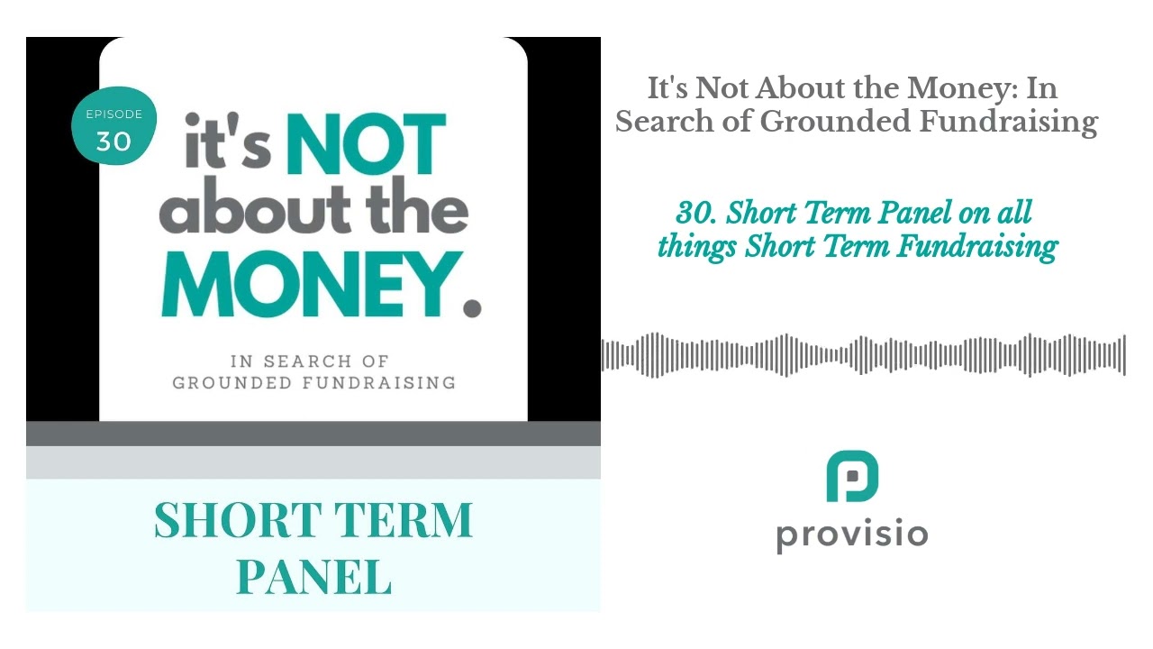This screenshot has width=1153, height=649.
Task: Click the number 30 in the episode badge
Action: click(x=113, y=142)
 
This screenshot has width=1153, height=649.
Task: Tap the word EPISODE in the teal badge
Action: click(x=114, y=114)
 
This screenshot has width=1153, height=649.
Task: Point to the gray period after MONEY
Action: click(x=471, y=307)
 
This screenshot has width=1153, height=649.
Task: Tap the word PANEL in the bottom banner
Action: click(x=313, y=577)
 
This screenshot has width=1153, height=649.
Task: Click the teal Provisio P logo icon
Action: click(x=852, y=477)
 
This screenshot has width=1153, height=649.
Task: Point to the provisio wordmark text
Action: click(x=852, y=534)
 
